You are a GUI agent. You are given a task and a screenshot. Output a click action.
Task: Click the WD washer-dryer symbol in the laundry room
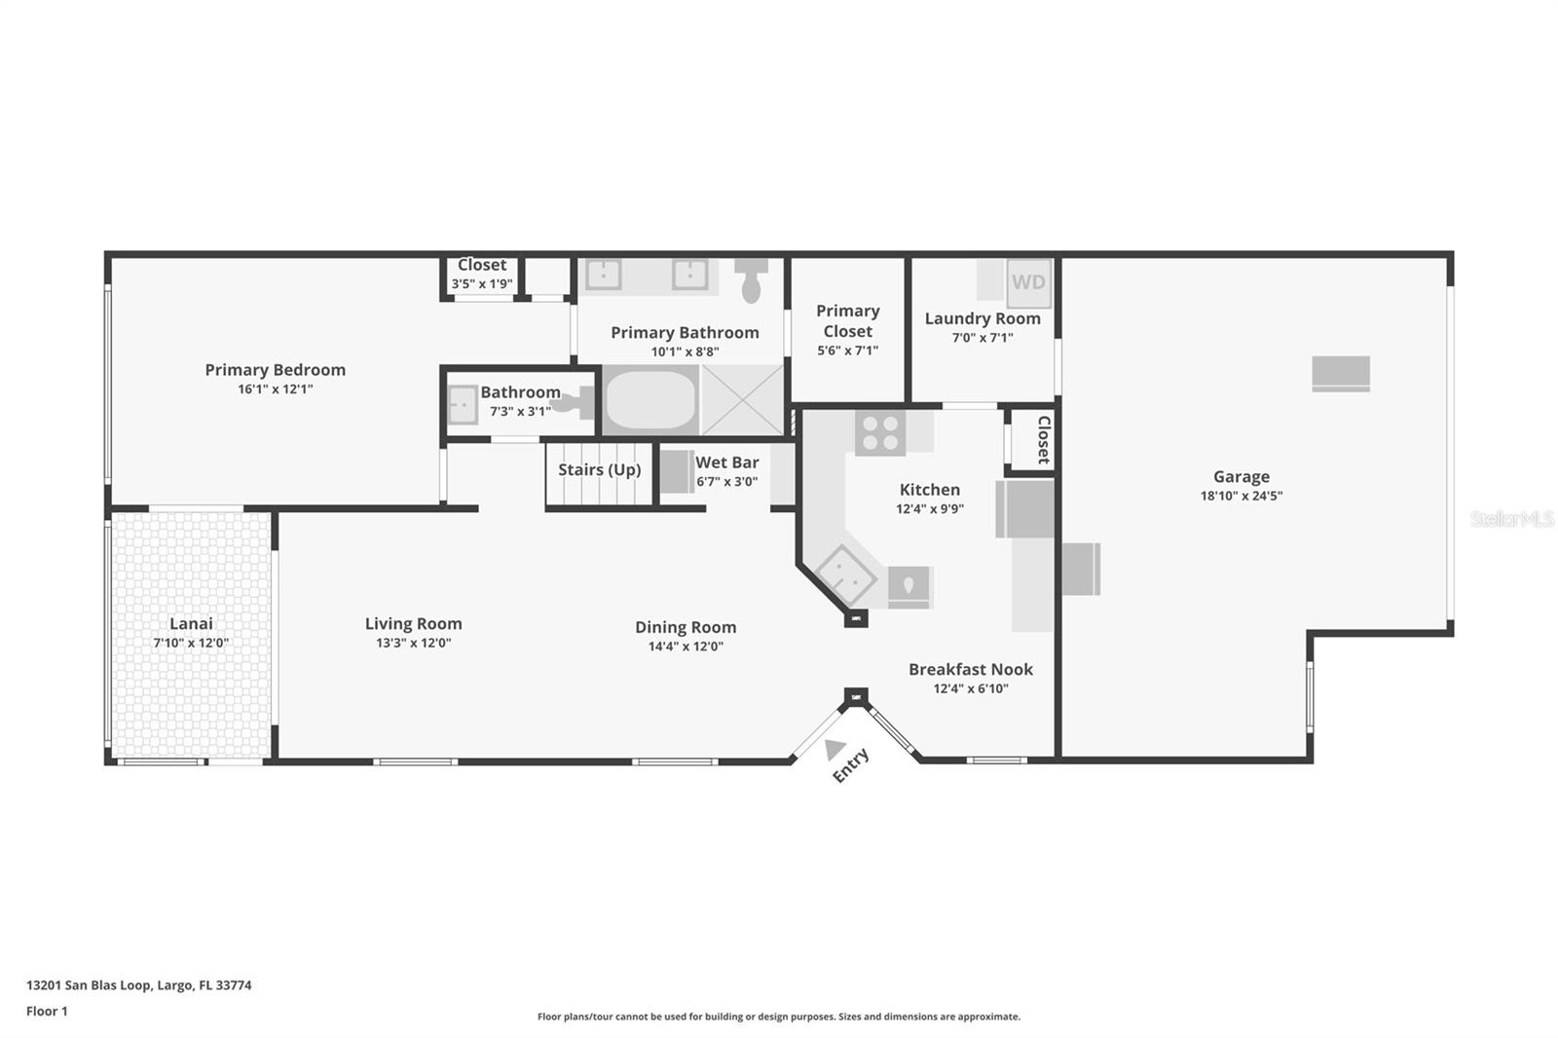pos(1028,282)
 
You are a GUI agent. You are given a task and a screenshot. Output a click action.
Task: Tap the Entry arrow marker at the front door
pos(834,749)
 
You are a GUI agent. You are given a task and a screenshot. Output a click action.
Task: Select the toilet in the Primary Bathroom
pos(751,280)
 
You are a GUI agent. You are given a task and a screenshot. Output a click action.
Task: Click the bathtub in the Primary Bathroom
pos(651,400)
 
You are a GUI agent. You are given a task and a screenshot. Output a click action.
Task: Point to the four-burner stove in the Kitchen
pos(880,432)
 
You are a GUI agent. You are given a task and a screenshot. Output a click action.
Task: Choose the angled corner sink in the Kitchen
pos(846,575)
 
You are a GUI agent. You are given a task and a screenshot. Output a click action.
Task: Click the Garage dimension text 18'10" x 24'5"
pos(1242,496)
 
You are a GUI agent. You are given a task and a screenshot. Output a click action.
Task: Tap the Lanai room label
pos(191,623)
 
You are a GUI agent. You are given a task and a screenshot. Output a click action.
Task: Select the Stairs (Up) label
pos(600,470)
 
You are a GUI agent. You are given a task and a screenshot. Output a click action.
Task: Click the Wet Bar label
pos(726,463)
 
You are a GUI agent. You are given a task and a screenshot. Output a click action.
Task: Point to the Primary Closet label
pos(848,320)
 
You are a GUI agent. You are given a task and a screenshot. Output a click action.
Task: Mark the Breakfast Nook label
pos(971,669)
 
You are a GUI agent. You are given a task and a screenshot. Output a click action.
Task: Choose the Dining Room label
pos(686,627)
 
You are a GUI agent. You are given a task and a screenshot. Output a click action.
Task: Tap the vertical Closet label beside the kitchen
pos(1043,440)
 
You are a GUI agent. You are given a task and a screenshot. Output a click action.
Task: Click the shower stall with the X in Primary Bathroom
pos(742,400)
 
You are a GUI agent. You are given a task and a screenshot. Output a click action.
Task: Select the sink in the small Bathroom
pos(462,404)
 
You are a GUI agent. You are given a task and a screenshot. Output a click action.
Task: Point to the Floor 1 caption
pos(47,1012)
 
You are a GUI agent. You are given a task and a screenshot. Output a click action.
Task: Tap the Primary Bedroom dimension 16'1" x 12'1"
pos(276,389)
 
